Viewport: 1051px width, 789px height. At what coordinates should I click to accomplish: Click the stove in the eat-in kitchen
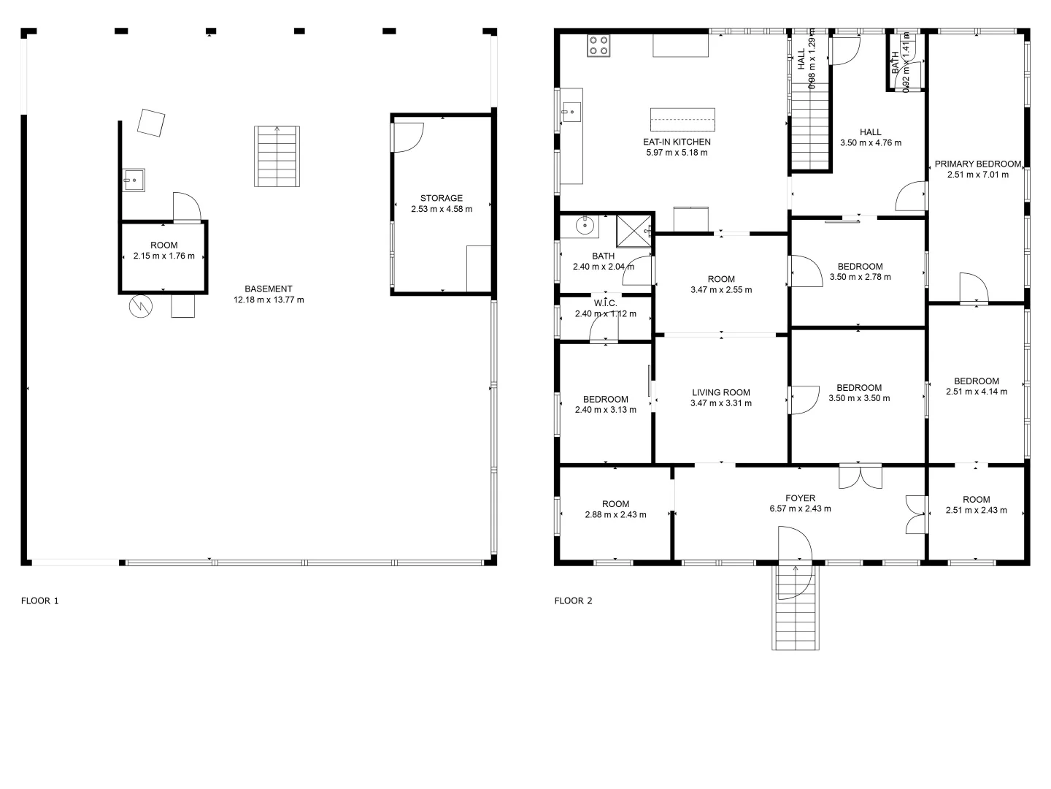click(598, 45)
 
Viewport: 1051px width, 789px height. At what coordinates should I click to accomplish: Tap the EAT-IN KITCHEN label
click(677, 142)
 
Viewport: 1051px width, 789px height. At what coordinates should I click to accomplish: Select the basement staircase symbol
click(277, 156)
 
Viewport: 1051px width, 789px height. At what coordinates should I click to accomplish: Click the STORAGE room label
click(442, 198)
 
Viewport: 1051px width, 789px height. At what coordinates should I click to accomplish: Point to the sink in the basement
click(134, 180)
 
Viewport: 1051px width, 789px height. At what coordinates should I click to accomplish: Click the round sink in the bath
click(585, 225)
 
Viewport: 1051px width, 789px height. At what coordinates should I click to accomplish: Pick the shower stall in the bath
click(634, 232)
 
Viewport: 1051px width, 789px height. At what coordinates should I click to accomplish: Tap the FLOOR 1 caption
click(39, 601)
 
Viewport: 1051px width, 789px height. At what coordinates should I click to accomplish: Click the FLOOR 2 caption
click(573, 601)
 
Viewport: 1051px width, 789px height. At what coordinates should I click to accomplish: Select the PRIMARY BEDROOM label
click(978, 164)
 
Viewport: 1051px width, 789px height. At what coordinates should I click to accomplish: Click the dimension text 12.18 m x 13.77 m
click(269, 300)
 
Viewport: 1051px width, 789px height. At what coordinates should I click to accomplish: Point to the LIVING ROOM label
click(721, 392)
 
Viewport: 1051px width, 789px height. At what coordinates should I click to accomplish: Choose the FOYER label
click(800, 498)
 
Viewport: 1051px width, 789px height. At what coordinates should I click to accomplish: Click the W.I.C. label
click(606, 303)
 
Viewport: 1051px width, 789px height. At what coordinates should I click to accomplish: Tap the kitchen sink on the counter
click(571, 112)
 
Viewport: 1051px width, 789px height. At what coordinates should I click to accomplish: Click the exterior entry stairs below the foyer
click(796, 607)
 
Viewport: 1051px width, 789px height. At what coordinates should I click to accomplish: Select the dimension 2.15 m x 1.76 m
click(163, 256)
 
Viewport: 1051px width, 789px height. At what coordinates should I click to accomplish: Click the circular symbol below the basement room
click(141, 306)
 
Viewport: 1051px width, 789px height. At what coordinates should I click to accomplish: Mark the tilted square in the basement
click(151, 123)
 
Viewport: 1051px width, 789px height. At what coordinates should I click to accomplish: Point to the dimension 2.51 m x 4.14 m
click(977, 392)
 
